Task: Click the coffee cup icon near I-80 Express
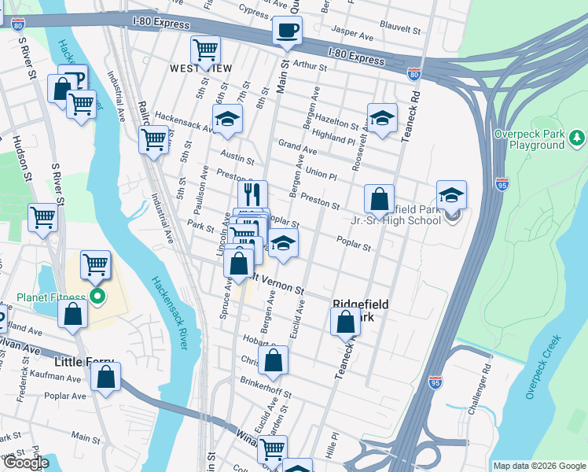pyautogui.click(x=286, y=31)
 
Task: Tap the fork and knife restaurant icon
pyautogui.click(x=252, y=192)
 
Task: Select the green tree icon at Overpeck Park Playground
pyautogui.click(x=578, y=139)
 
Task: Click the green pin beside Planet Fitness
pyautogui.click(x=97, y=297)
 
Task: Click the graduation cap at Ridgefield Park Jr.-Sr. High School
pyautogui.click(x=451, y=195)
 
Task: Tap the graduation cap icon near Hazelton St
pyautogui.click(x=382, y=118)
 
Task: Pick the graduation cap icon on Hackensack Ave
pyautogui.click(x=228, y=118)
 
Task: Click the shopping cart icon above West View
pyautogui.click(x=205, y=49)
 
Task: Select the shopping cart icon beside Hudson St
pyautogui.click(x=42, y=216)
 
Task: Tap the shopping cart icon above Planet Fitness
pyautogui.click(x=95, y=264)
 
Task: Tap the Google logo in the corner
pyautogui.click(x=27, y=463)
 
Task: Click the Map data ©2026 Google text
pyautogui.click(x=538, y=466)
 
